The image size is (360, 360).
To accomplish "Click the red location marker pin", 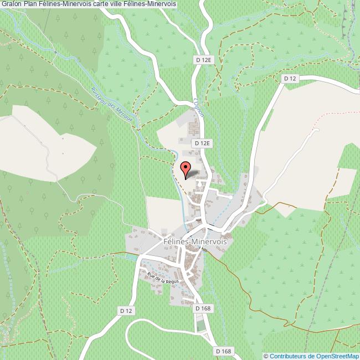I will [x=186, y=168].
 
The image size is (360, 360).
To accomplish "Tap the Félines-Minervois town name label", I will [x=196, y=241].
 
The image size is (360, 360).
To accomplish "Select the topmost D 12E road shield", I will [x=204, y=59].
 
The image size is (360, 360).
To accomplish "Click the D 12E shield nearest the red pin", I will [x=203, y=143].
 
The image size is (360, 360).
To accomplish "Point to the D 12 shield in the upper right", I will [x=290, y=79].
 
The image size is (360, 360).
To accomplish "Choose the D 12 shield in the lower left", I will [x=127, y=312].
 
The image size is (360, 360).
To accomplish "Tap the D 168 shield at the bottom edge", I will [x=223, y=351].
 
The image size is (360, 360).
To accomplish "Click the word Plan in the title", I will [x=30, y=3].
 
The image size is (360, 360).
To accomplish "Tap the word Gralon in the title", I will [x=11, y=3].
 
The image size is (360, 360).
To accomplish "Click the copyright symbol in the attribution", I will [x=266, y=356].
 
